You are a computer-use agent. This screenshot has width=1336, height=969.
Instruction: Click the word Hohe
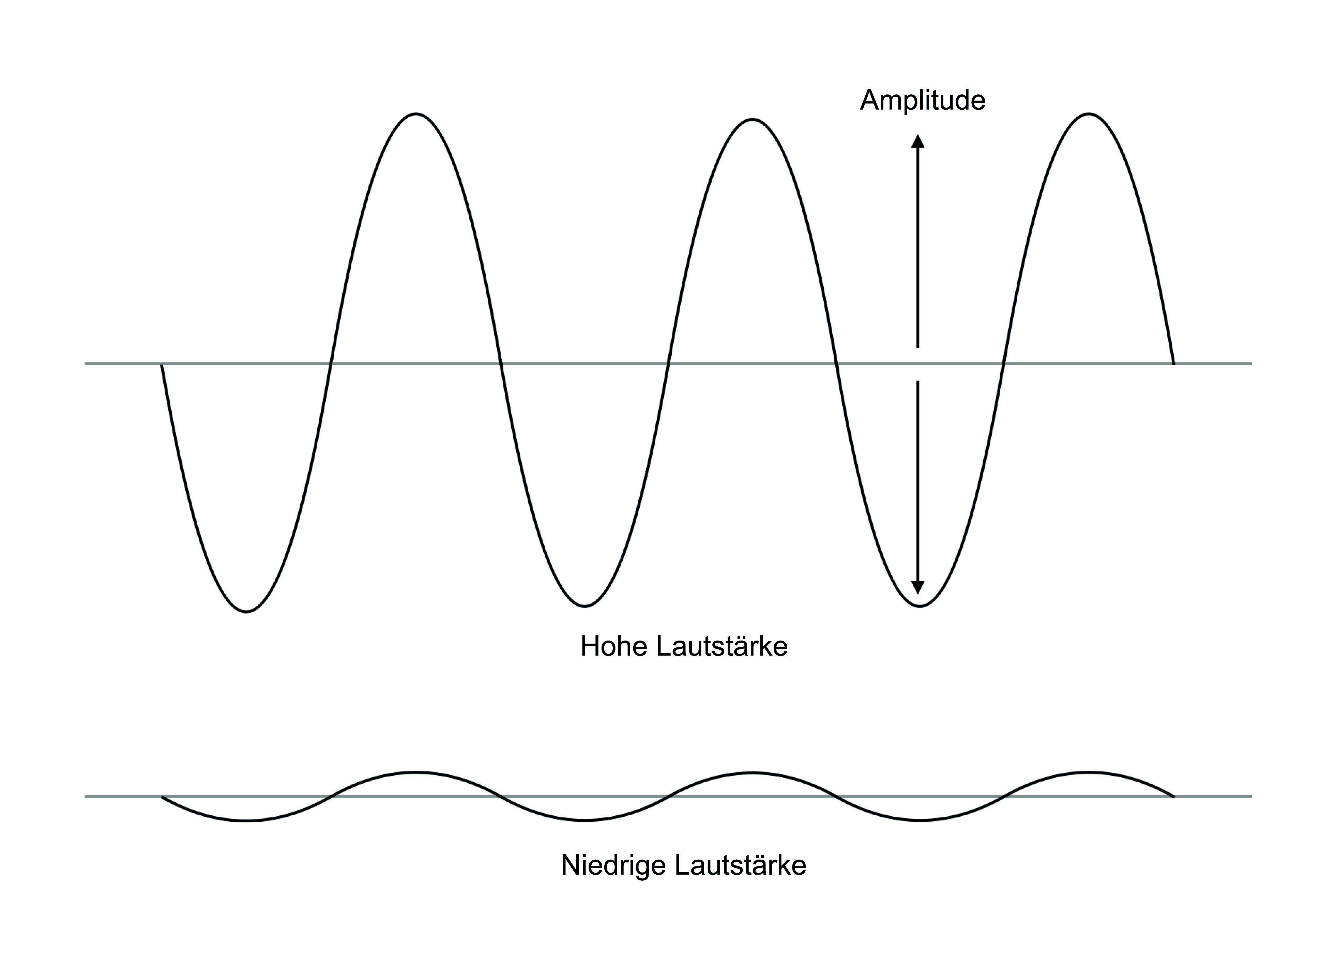613,646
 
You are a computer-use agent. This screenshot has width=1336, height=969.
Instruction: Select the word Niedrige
613,865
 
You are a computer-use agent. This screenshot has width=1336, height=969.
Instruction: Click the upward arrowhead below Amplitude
918,141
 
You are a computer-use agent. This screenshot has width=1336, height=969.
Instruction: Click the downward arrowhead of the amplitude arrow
918,587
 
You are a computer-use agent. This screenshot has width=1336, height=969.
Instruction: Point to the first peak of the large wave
416,114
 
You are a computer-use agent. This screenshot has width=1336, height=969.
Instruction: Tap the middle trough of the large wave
584,605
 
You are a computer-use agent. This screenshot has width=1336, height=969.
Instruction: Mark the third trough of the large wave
920,605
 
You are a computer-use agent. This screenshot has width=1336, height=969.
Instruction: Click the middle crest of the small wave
752,772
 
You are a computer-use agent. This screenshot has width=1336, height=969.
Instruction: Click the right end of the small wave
1173,796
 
